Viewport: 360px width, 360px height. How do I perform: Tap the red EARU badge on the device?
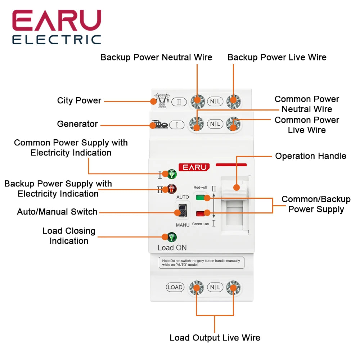click(194, 167)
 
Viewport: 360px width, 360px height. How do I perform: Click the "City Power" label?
click(79, 101)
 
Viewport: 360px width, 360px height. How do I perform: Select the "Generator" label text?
click(77, 124)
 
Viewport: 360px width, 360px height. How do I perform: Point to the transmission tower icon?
click(161, 101)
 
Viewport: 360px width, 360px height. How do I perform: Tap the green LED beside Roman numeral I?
click(172, 174)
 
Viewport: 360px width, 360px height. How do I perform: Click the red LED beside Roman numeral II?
click(172, 189)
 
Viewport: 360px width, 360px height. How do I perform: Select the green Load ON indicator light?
click(172, 237)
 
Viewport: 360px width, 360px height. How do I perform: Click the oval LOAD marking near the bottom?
click(175, 287)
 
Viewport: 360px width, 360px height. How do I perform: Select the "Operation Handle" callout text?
click(310, 156)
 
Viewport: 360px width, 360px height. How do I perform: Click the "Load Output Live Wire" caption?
click(215, 338)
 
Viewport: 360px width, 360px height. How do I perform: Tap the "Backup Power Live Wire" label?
click(277, 58)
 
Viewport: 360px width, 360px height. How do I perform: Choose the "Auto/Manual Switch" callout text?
click(57, 212)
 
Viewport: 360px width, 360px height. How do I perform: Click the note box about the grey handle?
click(201, 262)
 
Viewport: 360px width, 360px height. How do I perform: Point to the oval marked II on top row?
click(179, 102)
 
